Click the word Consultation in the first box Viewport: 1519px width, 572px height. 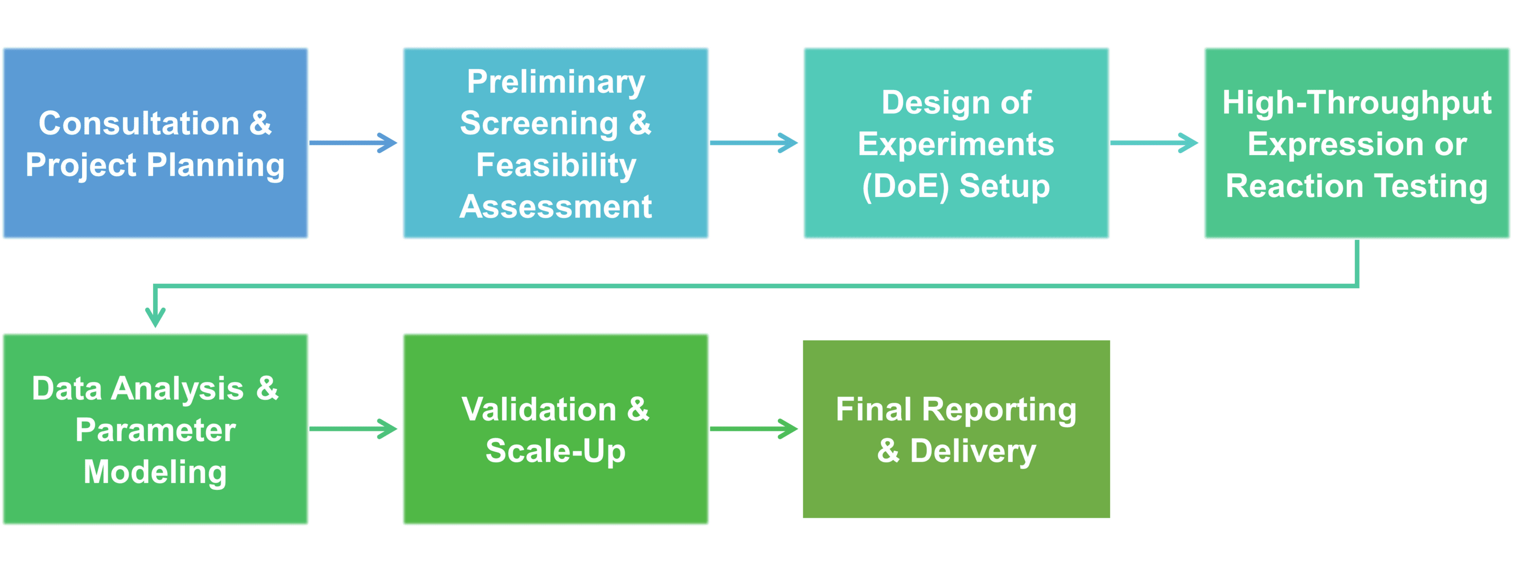139,124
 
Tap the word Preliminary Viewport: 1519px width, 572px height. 555,82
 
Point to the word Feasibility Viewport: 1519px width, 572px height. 555,165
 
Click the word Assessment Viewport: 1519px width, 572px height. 555,207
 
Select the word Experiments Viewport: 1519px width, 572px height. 956,145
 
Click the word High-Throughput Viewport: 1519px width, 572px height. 1357,103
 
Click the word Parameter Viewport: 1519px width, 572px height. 155,430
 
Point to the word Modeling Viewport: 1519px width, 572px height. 155,472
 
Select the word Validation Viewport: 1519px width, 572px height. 539,409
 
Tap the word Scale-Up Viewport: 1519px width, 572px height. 555,451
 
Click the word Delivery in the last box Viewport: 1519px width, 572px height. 973,451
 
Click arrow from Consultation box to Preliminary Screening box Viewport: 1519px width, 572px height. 354,142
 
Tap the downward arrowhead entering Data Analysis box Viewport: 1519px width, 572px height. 155,316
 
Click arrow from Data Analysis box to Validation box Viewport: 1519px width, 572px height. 354,428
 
